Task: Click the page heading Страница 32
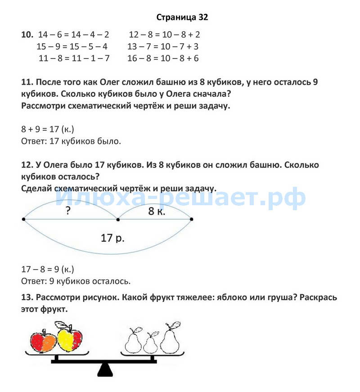click(182, 18)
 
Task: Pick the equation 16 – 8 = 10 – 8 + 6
click(163, 58)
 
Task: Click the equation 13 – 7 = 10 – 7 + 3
click(163, 46)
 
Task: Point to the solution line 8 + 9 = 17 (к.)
click(48, 130)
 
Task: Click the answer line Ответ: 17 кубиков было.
click(71, 141)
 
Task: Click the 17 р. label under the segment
click(112, 238)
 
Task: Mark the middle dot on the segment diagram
click(118, 219)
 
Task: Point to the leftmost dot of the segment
click(23, 219)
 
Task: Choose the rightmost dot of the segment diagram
click(192, 219)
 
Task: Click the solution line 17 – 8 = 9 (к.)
click(48, 269)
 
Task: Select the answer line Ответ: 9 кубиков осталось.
click(76, 281)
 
